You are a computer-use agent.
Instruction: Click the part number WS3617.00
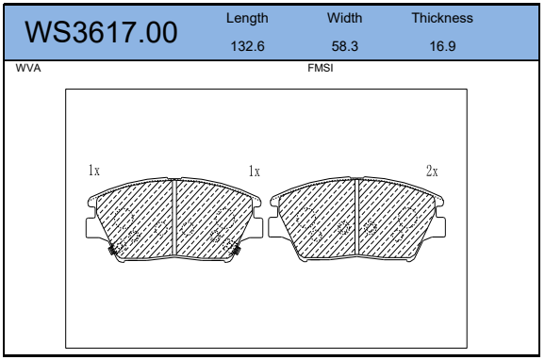[x=101, y=32]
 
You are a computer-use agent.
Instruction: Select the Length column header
[x=247, y=18]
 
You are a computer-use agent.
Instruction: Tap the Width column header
[x=344, y=18]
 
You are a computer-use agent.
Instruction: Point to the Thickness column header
[x=442, y=18]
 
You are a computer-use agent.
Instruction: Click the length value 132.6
[x=247, y=46]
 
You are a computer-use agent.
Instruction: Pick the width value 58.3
[x=344, y=46]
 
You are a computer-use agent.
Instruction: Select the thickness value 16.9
[x=442, y=46]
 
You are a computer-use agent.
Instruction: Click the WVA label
[x=28, y=68]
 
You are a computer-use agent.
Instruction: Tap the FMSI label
[x=321, y=68]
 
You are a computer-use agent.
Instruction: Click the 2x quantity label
[x=432, y=171]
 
